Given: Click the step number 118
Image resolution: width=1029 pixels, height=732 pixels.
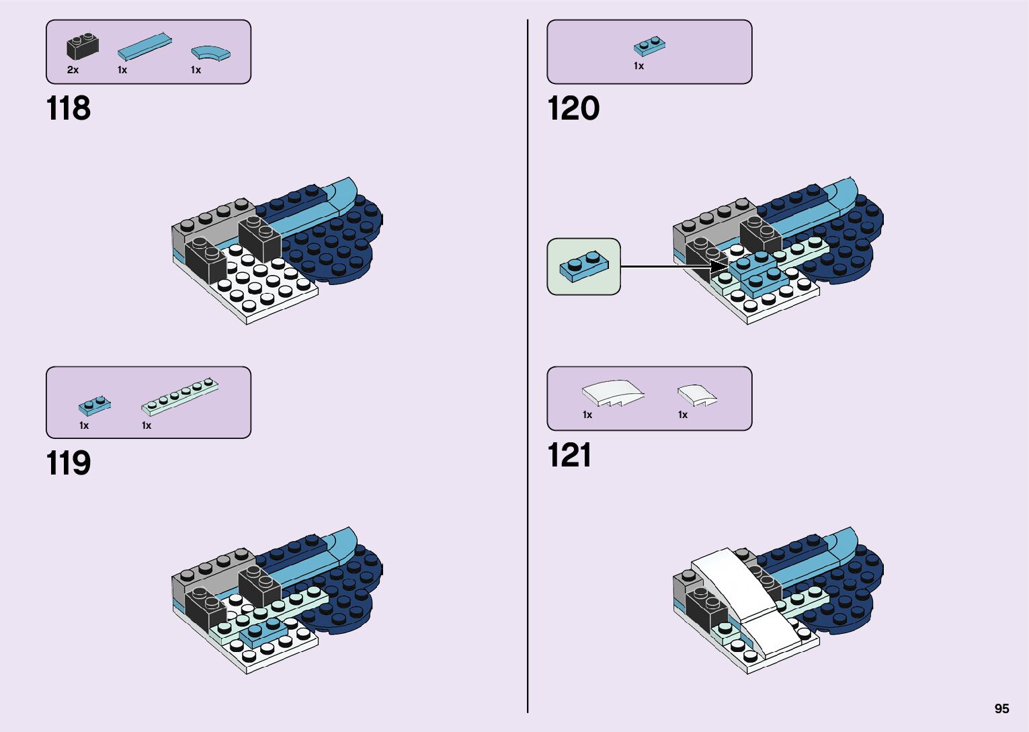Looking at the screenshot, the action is coord(68,108).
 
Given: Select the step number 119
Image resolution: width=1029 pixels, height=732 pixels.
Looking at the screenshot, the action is coord(68,463).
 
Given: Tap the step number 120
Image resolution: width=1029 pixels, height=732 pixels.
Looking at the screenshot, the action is coord(573,108).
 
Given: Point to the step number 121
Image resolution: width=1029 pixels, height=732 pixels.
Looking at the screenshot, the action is coord(569,455).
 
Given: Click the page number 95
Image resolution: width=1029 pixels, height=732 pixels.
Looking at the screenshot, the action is coord(1001,708).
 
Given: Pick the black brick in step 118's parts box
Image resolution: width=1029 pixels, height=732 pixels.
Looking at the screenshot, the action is coord(82,46).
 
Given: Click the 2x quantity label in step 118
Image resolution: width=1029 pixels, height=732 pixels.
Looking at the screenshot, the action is coord(73,70).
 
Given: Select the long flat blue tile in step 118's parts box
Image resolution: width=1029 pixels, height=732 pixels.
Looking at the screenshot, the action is coord(144,46).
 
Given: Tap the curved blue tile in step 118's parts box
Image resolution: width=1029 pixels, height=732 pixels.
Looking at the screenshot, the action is coord(210,52).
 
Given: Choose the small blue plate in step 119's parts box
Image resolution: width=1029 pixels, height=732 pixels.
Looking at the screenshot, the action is coord(94,405).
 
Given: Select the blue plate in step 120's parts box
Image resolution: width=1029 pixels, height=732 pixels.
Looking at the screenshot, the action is coord(649,46).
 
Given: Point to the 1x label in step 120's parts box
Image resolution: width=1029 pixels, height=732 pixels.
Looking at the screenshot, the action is coord(639,66).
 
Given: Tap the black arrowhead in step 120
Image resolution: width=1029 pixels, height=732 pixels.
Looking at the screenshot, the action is coord(720,267).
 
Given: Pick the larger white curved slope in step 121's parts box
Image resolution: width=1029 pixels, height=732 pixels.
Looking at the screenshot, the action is coord(612,393).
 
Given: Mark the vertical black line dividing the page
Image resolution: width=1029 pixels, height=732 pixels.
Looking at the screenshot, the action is coord(528,366).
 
